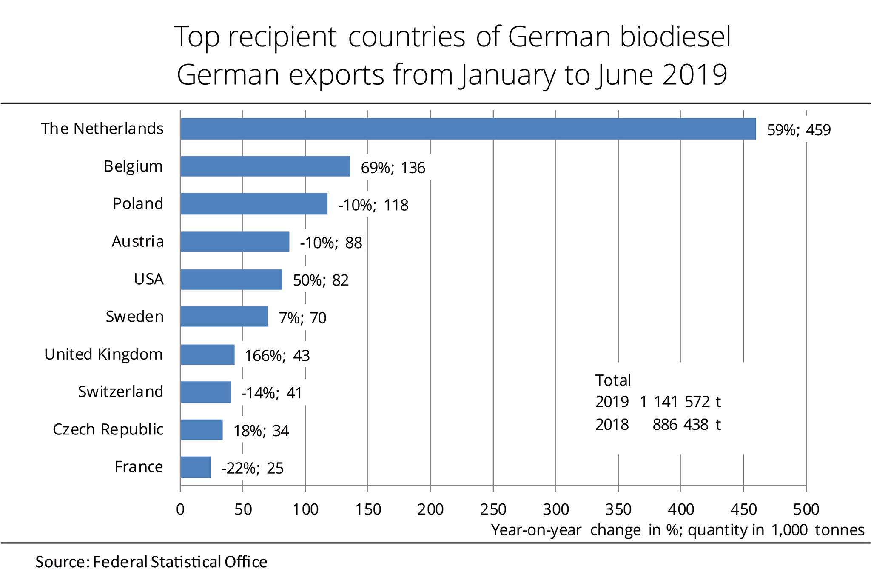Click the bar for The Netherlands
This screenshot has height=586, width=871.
(468, 129)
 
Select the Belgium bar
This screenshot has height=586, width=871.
(265, 166)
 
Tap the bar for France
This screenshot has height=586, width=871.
(196, 467)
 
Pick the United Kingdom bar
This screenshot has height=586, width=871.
(208, 354)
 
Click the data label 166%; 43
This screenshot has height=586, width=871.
(277, 356)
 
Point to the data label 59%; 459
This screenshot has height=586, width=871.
(798, 130)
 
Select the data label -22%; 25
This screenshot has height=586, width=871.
(252, 469)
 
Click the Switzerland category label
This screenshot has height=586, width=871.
(121, 392)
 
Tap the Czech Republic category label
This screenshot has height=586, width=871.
(108, 429)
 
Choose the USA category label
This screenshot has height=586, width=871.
(149, 279)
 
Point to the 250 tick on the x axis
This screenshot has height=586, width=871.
(493, 509)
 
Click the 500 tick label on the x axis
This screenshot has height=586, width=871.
(806, 509)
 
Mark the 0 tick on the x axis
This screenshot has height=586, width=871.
(180, 509)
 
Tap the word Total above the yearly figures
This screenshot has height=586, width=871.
(613, 380)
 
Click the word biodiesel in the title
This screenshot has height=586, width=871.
(675, 37)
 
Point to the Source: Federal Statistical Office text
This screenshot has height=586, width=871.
(151, 562)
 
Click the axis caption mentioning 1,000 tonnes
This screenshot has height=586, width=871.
(677, 530)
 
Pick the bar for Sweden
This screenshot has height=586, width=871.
(224, 317)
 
